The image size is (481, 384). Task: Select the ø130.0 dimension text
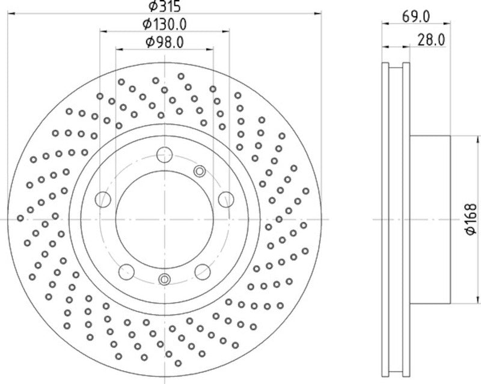(165, 24)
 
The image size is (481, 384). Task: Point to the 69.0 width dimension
(415, 17)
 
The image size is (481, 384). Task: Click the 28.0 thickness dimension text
(431, 40)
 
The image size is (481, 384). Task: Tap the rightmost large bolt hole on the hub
(225, 199)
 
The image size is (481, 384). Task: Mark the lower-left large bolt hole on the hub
(127, 271)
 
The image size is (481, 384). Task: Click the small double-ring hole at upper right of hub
(200, 172)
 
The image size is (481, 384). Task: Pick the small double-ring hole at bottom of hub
(164, 279)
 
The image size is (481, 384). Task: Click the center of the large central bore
(164, 219)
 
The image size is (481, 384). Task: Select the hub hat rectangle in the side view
(429, 219)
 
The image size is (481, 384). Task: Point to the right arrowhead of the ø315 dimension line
(319, 12)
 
